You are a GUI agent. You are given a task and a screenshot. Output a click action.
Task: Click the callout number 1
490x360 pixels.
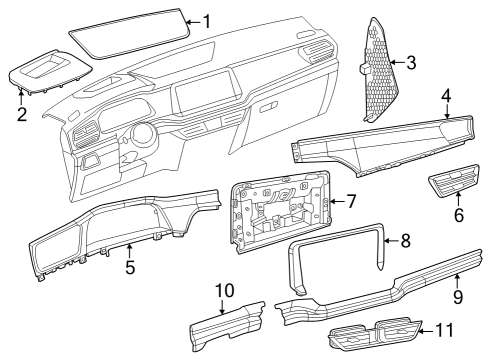[x=207, y=22]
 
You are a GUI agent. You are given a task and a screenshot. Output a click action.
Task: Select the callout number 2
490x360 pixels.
[x=22, y=114]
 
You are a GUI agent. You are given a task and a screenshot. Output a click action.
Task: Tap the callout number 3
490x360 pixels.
[x=411, y=62]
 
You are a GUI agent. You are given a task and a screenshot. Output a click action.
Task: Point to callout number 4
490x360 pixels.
[x=446, y=96]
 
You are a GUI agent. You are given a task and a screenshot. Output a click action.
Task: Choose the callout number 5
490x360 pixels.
[x=130, y=267]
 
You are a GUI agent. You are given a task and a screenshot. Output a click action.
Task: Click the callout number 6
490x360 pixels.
[x=459, y=215]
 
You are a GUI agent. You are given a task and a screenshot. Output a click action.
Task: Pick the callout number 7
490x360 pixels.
[x=351, y=201]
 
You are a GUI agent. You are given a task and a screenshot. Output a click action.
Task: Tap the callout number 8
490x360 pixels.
[x=406, y=240]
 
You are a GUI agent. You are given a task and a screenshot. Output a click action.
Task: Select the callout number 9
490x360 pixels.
[x=458, y=296]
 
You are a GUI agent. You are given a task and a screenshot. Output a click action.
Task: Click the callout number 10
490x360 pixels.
[x=225, y=290]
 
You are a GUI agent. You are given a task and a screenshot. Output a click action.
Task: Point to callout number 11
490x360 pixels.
[x=445, y=330]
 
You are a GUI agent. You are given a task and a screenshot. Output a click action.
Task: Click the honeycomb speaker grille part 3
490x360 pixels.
[x=381, y=70]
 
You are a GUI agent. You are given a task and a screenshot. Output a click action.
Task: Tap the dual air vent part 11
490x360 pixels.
[x=374, y=334]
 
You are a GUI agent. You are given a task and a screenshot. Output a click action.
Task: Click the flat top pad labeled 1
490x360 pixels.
[x=130, y=34]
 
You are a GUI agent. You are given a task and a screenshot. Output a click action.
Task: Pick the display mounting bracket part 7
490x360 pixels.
[x=280, y=212]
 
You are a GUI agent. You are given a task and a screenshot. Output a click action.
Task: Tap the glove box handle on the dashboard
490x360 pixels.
[x=269, y=107]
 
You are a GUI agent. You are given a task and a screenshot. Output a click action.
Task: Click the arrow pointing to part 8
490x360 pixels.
[x=391, y=240]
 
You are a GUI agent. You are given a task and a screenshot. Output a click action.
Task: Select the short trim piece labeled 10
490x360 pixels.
[x=227, y=326]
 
